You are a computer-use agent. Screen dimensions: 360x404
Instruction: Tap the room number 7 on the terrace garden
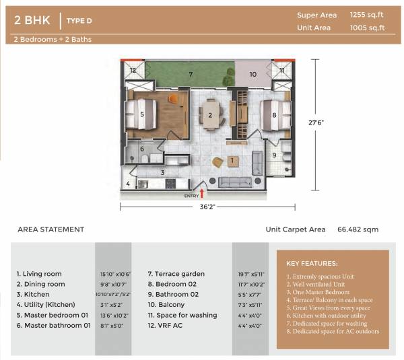191,74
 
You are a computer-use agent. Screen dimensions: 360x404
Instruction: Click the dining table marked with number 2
211,115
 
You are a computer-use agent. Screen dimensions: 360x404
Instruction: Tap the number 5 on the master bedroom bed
142,114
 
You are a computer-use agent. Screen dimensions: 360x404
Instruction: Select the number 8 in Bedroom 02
274,115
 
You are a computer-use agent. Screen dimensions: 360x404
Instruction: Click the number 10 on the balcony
253,74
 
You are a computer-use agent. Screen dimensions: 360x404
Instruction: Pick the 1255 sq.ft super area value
367,15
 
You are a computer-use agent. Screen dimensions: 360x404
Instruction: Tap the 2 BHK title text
32,21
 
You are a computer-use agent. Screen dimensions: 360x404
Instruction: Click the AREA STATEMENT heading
51,229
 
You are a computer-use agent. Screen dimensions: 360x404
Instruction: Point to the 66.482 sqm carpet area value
358,229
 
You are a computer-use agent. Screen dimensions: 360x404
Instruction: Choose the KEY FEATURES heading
312,263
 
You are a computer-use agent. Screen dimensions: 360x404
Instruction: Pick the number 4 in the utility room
128,184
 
